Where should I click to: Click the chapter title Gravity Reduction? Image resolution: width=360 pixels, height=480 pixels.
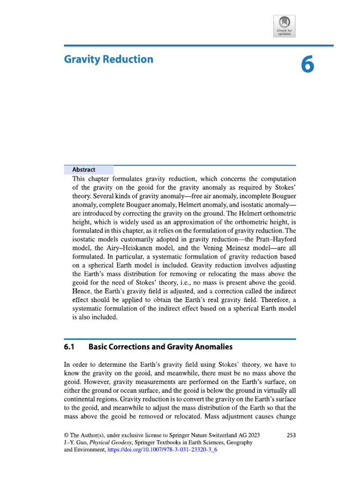[x=108, y=60]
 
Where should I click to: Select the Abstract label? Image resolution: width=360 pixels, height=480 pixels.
[x=84, y=170]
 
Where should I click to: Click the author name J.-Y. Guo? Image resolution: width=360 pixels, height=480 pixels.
[x=75, y=442]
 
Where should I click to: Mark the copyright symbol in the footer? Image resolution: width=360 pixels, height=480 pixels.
[x=66, y=435]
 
